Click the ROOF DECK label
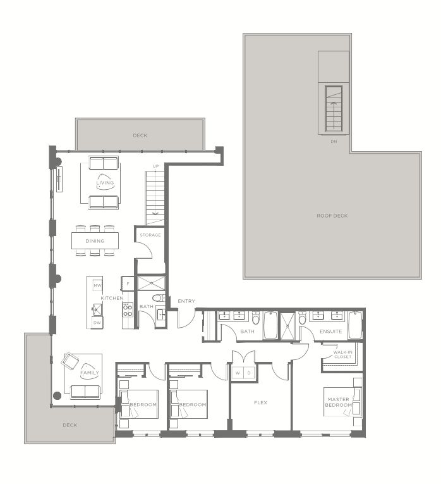click(332, 216)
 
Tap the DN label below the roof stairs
click(334, 141)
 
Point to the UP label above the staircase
click(155, 166)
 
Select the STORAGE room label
click(150, 235)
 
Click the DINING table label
click(95, 241)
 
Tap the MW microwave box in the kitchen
click(97, 285)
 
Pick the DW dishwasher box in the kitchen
click(97, 323)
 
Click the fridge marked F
click(128, 283)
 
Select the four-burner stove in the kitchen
click(128, 310)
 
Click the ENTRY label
click(186, 301)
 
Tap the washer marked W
click(238, 373)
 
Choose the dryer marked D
click(249, 373)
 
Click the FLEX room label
click(260, 402)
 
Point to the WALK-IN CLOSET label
click(342, 354)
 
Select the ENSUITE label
click(330, 332)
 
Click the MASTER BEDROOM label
click(339, 402)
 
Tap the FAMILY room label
click(89, 373)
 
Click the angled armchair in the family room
click(70, 361)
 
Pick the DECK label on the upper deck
click(140, 135)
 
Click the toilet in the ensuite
click(303, 318)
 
